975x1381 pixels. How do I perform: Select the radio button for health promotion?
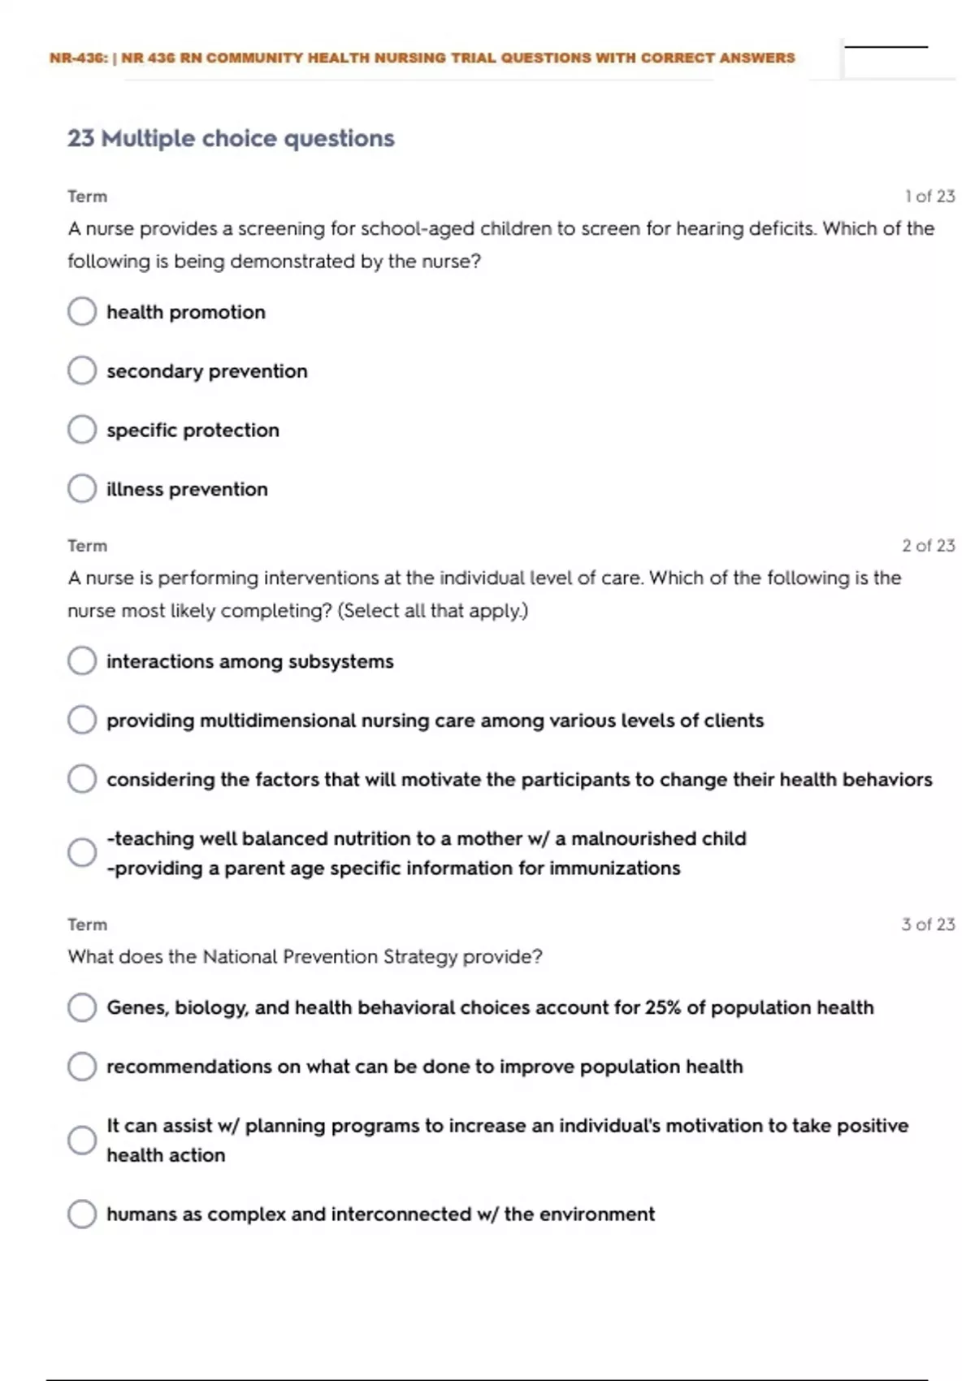[82, 311]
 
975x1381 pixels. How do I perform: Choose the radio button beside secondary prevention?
[82, 370]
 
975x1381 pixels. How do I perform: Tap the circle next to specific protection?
[82, 430]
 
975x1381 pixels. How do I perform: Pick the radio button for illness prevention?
[82, 488]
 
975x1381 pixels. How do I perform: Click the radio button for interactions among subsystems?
[82, 660]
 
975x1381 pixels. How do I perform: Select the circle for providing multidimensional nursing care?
[82, 720]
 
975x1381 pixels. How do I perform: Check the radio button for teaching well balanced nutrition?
[82, 852]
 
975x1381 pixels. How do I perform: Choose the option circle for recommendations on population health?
[82, 1066]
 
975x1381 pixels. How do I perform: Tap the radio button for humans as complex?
[82, 1214]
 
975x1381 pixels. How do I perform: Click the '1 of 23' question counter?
[929, 197]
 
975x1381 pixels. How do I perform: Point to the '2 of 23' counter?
[928, 546]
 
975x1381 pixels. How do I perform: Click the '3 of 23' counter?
[928, 924]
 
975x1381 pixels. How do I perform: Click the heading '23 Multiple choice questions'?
[231, 139]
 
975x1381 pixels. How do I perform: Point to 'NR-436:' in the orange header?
[78, 58]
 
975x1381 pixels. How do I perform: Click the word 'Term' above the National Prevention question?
[87, 924]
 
